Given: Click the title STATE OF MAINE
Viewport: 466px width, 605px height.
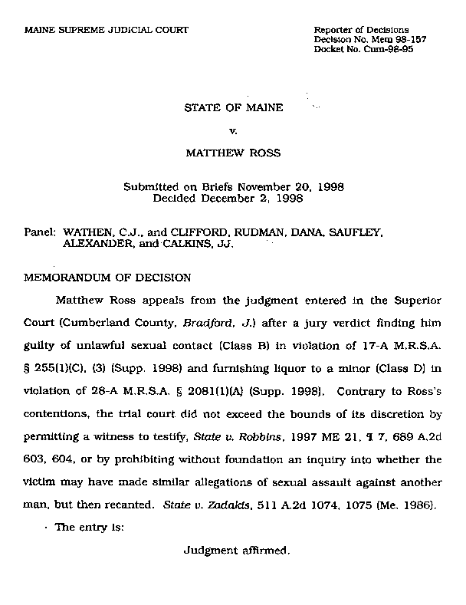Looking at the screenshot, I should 233,108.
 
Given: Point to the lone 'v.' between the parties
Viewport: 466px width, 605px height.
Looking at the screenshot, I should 233,130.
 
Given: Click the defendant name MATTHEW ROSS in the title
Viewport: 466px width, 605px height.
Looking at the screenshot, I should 233,153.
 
